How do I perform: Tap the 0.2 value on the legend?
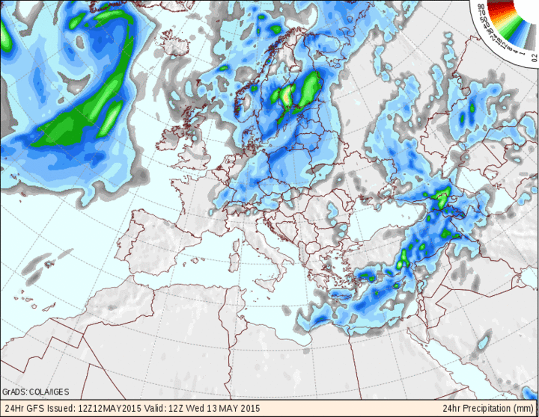coord(535,55)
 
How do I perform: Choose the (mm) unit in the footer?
coord(526,409)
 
